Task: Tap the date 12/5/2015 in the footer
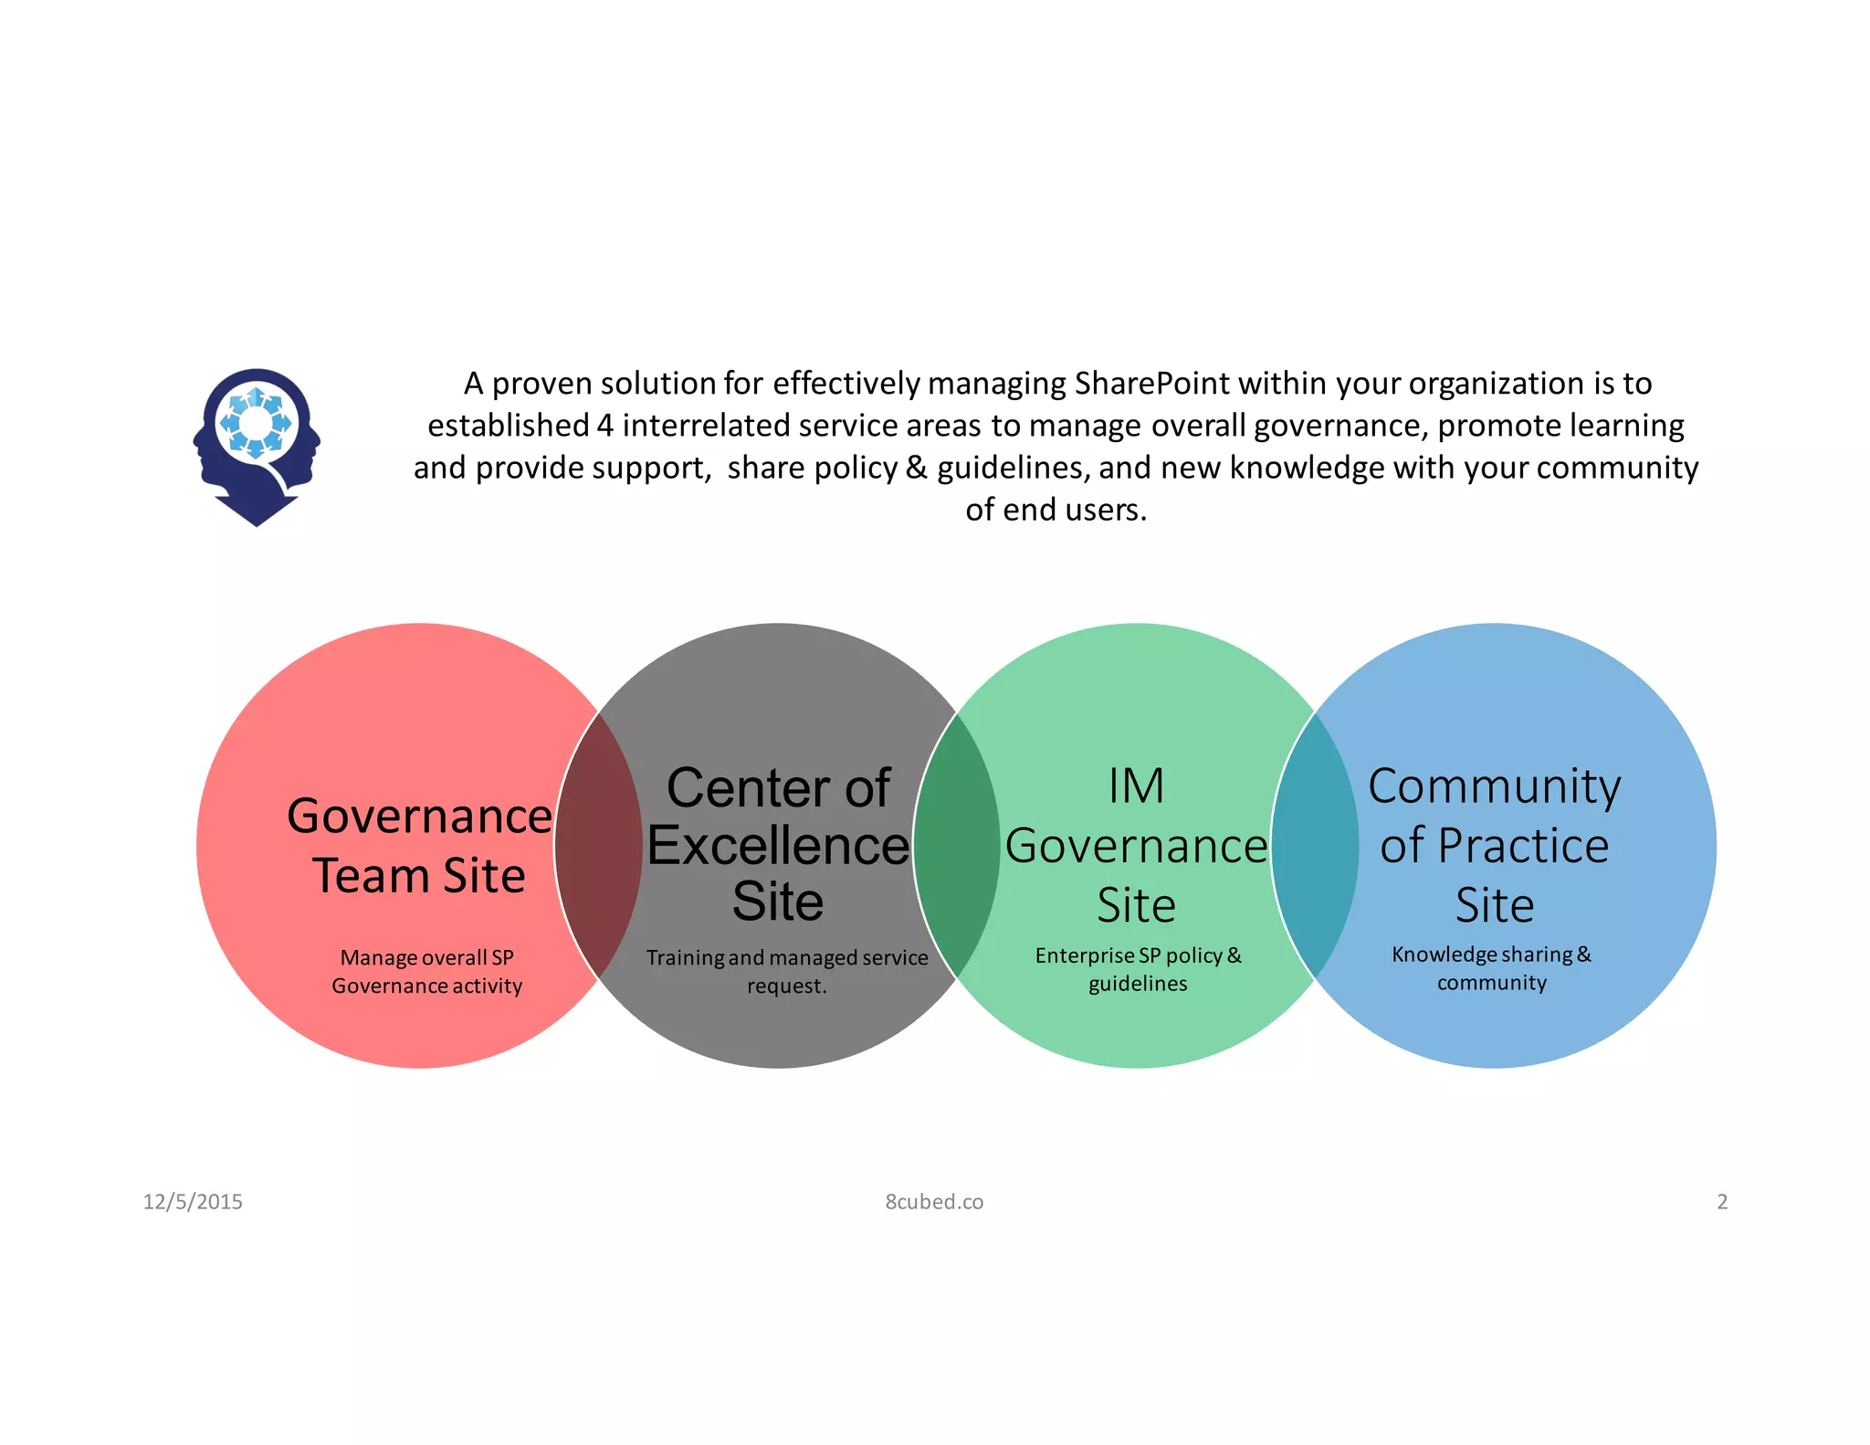pos(193,1202)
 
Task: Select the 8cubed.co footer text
pos(934,1202)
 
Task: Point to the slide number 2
pos(1722,1202)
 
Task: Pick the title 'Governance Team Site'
pos(419,846)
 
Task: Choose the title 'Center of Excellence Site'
pos(778,845)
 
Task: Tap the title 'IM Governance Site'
pos(1136,845)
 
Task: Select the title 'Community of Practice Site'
pos(1494,845)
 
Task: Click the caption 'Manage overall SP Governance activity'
pos(426,972)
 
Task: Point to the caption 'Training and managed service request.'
pos(786,972)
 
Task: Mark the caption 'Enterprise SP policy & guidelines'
pos(1138,969)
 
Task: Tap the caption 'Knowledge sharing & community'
pos(1491,968)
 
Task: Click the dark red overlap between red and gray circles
pos(598,846)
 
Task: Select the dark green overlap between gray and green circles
pos(956,846)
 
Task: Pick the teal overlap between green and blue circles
pos(1314,846)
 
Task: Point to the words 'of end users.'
pos(1056,510)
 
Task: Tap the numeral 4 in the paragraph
pos(604,426)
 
